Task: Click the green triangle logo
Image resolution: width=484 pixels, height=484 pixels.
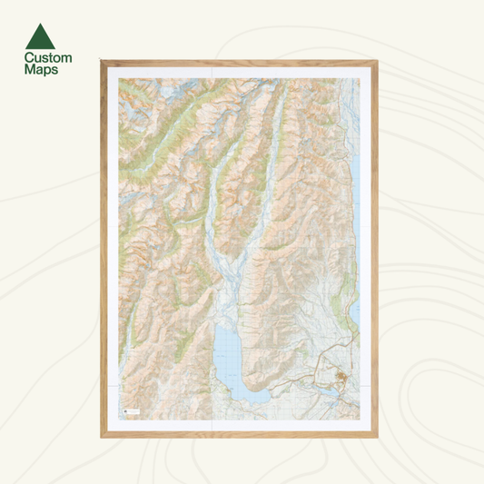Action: coord(41,36)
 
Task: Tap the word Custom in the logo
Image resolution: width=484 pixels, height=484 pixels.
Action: coord(47,58)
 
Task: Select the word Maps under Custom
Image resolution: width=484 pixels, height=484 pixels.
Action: coord(41,70)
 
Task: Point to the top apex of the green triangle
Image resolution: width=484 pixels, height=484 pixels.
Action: coord(41,24)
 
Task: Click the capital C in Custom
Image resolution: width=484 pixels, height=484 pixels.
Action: coord(28,58)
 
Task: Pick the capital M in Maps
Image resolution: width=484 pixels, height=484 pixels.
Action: coord(29,70)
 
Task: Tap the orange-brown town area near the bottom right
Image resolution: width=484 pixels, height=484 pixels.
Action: coord(342,378)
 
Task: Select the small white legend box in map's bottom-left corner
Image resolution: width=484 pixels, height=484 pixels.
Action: coord(130,411)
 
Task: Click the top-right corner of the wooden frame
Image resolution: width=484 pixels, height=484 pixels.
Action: coord(377,62)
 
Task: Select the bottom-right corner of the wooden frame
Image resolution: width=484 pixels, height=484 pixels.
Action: coord(377,437)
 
